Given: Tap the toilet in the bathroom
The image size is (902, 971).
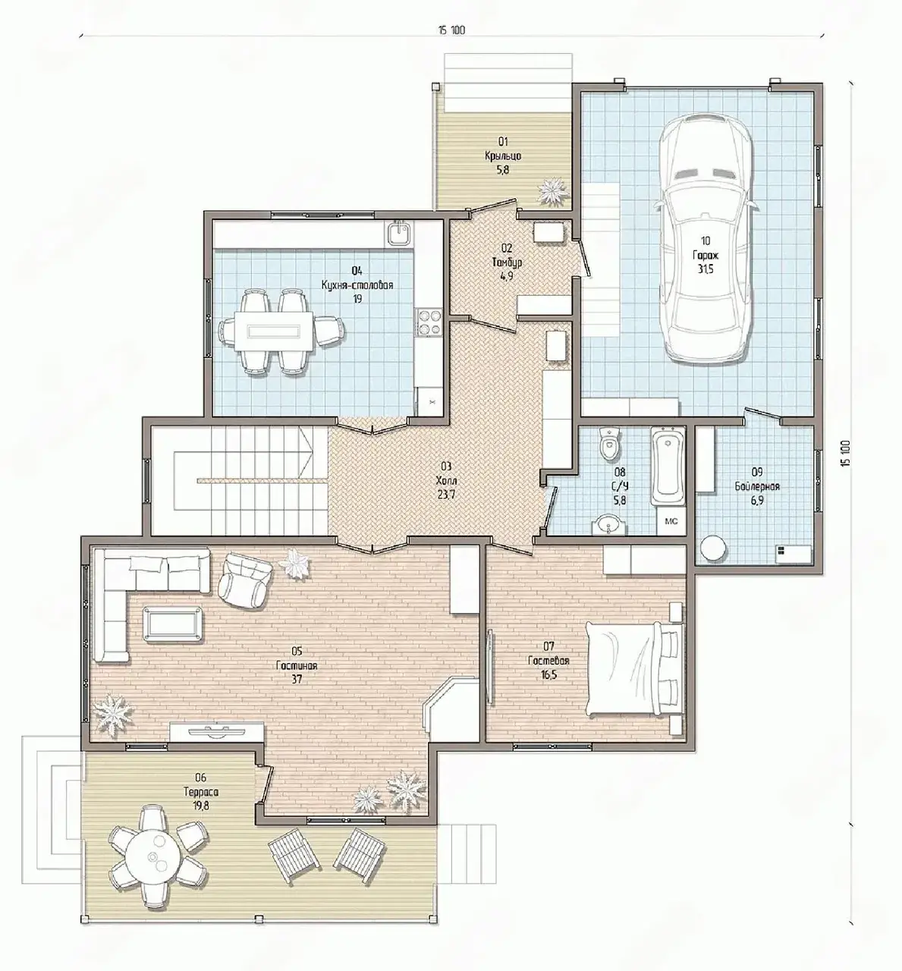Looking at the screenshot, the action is (x=609, y=445).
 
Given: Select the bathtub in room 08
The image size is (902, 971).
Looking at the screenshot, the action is (x=668, y=466).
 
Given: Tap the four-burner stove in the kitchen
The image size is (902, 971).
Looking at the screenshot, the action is (x=429, y=322).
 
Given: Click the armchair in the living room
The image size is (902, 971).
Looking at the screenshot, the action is (x=244, y=581).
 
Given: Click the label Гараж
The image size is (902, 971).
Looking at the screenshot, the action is (x=705, y=255).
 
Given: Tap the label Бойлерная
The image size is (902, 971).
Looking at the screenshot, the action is (x=756, y=486).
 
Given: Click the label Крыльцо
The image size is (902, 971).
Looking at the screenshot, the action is (x=503, y=156).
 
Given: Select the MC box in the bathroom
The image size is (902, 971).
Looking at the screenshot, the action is (x=671, y=521).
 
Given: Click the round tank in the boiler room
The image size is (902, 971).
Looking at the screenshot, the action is (x=713, y=549).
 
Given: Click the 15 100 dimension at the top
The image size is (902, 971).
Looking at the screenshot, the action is (x=451, y=30).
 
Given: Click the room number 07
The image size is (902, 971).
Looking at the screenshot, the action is (x=548, y=647).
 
